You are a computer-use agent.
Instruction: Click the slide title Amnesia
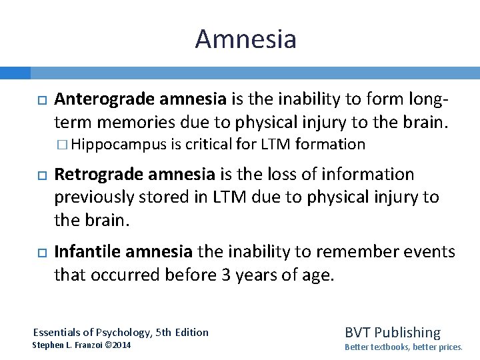tap(245, 39)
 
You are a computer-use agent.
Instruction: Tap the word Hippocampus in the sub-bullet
tap(119, 144)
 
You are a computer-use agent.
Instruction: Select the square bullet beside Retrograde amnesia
tap(41, 175)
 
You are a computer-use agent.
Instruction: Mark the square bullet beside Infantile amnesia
tap(41, 252)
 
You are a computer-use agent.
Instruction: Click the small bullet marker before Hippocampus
tap(63, 145)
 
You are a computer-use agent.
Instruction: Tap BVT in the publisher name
tap(357, 332)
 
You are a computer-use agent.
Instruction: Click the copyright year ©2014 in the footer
tap(117, 345)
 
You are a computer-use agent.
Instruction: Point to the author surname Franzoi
tap(85, 345)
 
